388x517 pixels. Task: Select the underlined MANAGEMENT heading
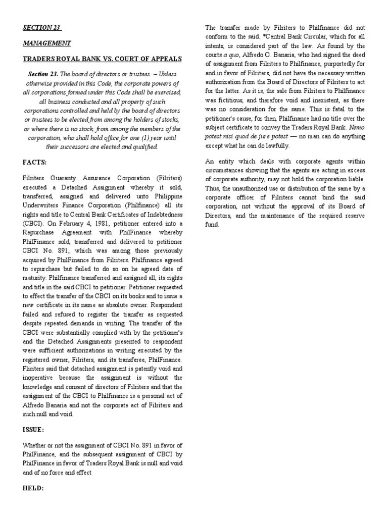(x=46, y=43)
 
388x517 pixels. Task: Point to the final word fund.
(x=212, y=224)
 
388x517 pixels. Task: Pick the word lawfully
(x=279, y=145)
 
